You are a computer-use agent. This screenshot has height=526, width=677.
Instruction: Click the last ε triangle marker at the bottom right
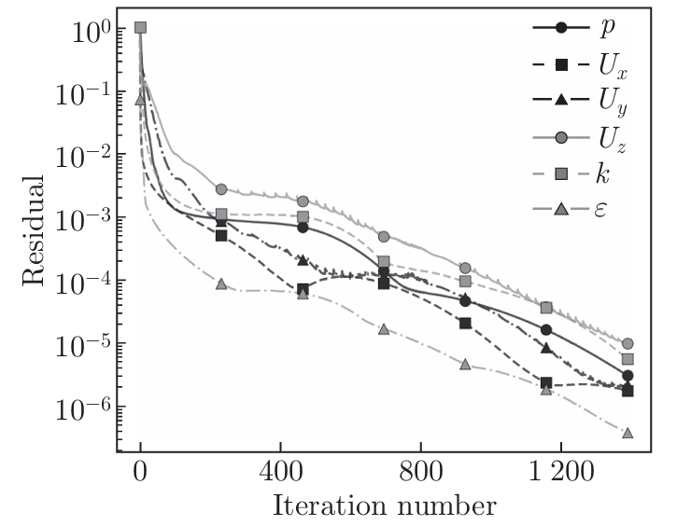(x=628, y=434)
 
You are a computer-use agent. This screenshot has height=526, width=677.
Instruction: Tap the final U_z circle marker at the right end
(x=628, y=343)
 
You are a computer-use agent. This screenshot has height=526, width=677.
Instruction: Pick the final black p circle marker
(x=628, y=376)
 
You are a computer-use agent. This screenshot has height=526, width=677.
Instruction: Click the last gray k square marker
(x=628, y=359)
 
